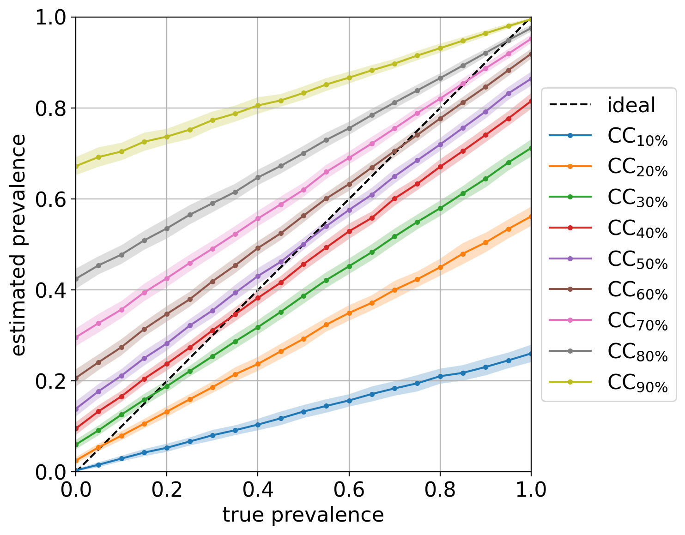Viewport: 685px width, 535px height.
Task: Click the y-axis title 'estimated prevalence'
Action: click(18, 245)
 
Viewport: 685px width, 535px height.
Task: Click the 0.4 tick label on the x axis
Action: click(257, 490)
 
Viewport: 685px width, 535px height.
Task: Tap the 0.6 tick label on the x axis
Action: click(349, 490)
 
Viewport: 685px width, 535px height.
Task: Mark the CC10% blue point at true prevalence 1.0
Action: click(531, 354)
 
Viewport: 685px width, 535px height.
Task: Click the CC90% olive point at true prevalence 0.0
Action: click(76, 166)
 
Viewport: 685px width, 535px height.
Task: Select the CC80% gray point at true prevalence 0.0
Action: click(76, 279)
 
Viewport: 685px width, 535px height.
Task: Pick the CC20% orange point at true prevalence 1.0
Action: click(531, 216)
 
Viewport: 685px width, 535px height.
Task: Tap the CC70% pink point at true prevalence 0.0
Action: click(76, 338)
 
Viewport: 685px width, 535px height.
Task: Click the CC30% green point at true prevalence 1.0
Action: click(531, 148)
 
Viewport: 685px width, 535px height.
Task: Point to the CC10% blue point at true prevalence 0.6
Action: click(349, 401)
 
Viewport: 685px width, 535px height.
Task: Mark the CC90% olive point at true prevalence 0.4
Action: click(258, 105)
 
